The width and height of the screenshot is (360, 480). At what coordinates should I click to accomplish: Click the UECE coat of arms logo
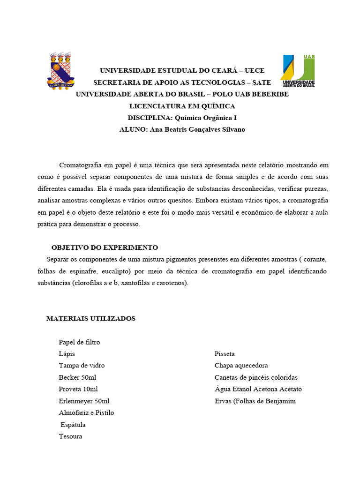59,70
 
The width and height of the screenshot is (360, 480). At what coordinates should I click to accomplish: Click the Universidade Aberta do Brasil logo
298,71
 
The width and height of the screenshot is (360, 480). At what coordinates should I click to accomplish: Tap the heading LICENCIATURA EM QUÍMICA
182,106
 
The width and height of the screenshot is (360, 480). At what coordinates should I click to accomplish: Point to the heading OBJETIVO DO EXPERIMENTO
105,247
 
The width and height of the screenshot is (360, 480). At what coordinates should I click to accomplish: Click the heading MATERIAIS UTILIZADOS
91,319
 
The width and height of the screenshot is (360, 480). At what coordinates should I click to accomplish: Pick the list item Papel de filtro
79,342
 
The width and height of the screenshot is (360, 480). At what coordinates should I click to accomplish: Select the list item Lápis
67,354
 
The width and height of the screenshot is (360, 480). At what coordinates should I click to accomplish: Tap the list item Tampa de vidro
82,366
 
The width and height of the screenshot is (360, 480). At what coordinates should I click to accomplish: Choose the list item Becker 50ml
78,377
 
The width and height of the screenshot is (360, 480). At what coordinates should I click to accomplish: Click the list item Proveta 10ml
78,389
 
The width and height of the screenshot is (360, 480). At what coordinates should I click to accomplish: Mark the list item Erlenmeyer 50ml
84,401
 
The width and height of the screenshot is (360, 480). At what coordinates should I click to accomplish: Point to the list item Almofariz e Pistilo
86,413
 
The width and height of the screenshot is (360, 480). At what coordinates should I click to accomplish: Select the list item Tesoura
70,436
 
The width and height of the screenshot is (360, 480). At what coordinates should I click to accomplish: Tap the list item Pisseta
225,354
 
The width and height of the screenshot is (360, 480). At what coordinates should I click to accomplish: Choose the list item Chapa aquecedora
241,366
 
